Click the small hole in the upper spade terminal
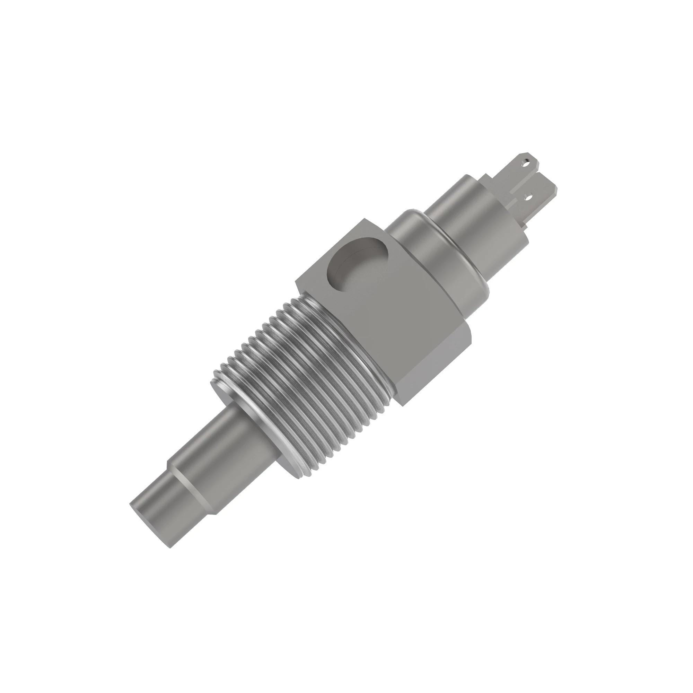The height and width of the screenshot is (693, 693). pyautogui.click(x=526, y=162)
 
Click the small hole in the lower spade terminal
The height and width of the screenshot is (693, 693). pyautogui.click(x=527, y=196)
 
